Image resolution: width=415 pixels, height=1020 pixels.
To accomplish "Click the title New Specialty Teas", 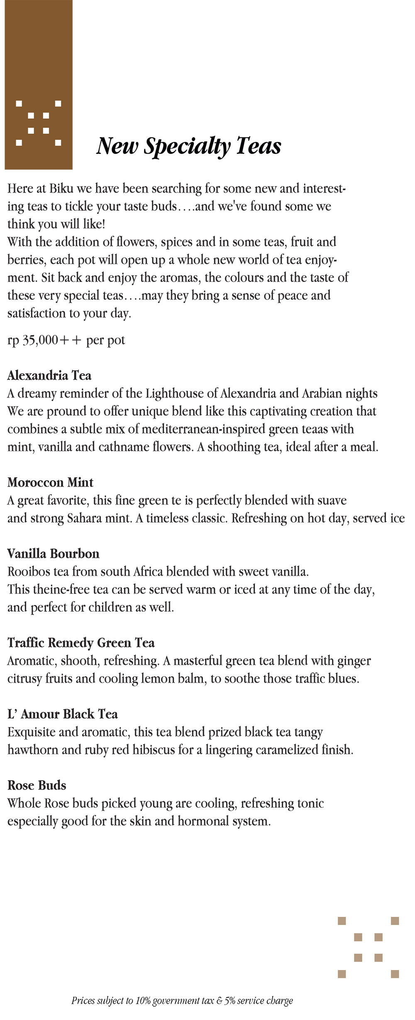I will coord(189,146).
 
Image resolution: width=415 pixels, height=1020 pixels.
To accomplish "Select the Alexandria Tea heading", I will coord(49,376).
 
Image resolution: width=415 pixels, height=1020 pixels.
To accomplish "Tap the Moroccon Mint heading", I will coord(50,482).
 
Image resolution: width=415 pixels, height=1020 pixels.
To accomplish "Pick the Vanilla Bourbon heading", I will coord(54,554).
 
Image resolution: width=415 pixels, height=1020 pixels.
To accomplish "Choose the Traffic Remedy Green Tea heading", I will coord(81,643).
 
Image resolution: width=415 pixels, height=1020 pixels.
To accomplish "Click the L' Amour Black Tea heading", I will coord(63,714).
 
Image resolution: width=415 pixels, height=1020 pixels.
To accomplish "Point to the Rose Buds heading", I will coord(37,785).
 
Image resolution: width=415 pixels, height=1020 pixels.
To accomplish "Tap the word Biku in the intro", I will coord(61,189).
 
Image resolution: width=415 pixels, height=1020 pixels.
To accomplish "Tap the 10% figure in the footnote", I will coord(143,1001).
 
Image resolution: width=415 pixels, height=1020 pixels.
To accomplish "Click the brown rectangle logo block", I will coord(39,85).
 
